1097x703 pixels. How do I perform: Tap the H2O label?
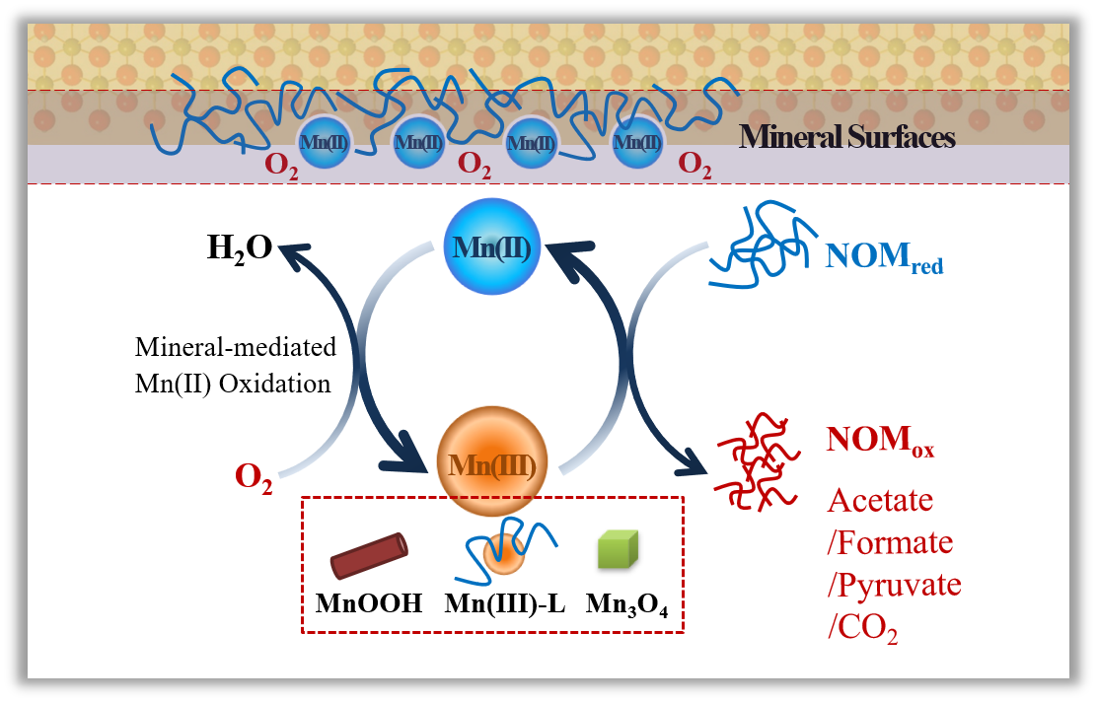[241, 249]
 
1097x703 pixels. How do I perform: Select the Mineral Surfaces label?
[847, 136]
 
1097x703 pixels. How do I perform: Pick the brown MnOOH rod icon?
[369, 556]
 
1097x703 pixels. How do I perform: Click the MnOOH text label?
[369, 603]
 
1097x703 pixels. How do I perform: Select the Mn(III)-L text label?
[504, 603]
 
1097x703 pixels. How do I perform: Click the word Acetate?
[880, 500]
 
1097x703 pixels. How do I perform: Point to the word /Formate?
[890, 542]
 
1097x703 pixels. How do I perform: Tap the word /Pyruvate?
[894, 585]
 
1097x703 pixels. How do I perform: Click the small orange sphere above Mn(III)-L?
[503, 557]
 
